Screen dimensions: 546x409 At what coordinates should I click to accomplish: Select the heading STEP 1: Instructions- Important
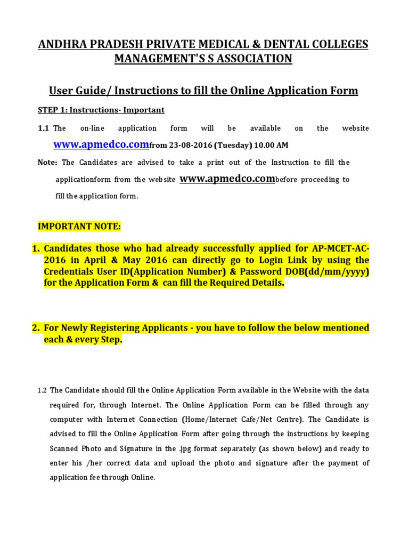click(101, 110)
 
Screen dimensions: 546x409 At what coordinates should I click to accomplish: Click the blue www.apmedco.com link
click(102, 144)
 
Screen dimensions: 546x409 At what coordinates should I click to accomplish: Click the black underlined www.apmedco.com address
click(227, 179)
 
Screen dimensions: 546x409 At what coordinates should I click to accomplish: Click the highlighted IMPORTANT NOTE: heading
click(79, 227)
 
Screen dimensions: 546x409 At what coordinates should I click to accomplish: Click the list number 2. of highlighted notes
click(36, 327)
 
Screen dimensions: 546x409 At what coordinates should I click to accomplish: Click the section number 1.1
click(44, 129)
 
